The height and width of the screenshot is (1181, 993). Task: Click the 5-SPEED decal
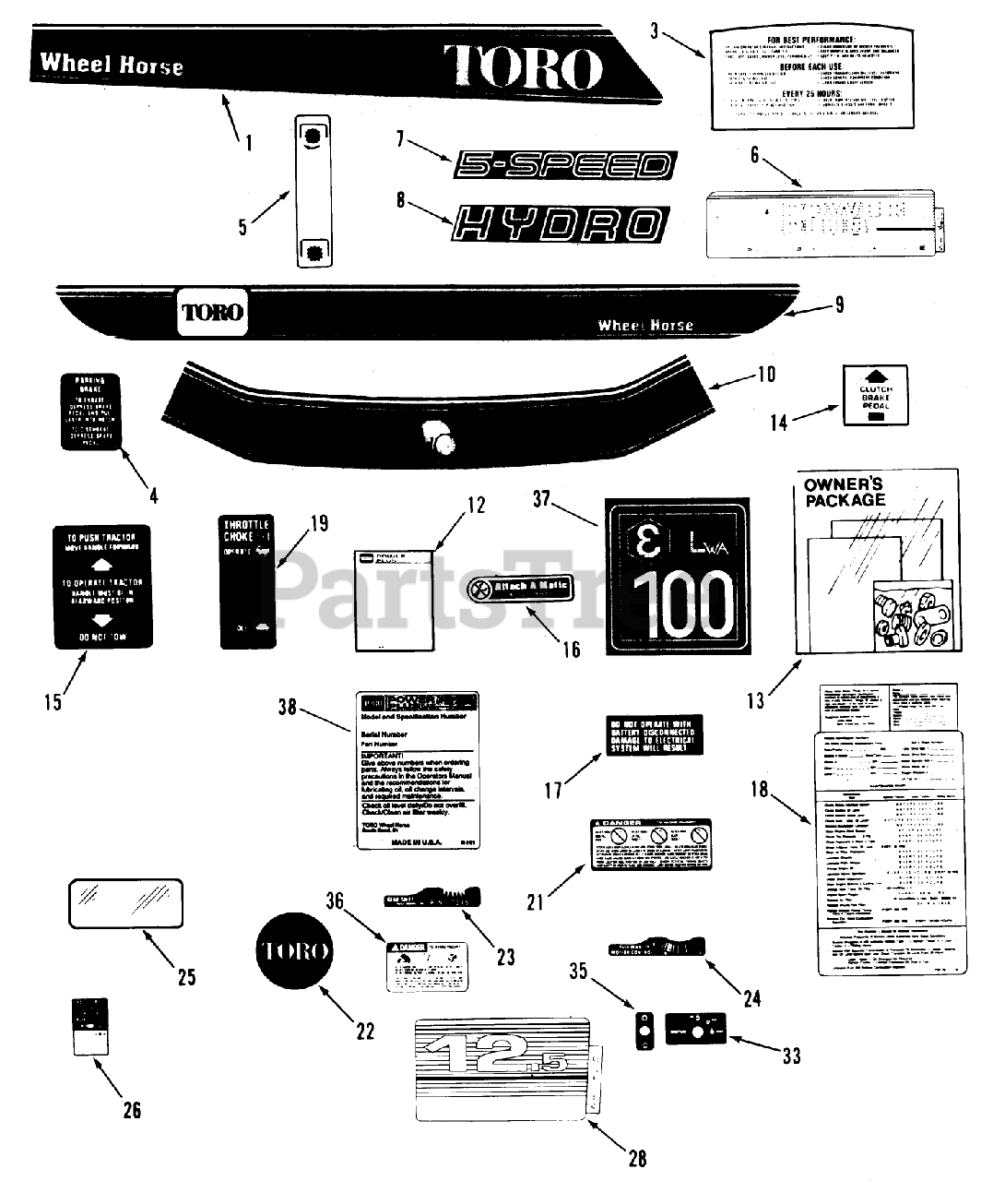point(562,166)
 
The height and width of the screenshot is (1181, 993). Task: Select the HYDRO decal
point(560,222)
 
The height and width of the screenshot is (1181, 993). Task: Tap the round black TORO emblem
point(294,950)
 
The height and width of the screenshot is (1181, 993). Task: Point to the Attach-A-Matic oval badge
point(520,587)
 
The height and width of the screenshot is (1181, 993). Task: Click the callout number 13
point(756,700)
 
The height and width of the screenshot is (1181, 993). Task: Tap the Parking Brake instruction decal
point(90,412)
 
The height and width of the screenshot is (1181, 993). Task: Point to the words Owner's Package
point(845,493)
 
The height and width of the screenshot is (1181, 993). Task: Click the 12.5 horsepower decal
point(504,1068)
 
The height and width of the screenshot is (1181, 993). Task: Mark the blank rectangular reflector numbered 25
point(123,901)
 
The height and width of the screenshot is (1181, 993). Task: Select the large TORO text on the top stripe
point(523,66)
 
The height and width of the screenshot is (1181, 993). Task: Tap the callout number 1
point(248,143)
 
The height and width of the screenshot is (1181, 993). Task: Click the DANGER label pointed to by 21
point(650,842)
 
